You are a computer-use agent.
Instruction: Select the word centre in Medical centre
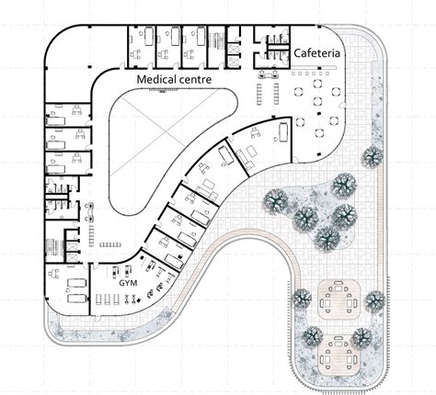tap(197, 80)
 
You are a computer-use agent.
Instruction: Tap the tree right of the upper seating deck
tap(373, 300)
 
